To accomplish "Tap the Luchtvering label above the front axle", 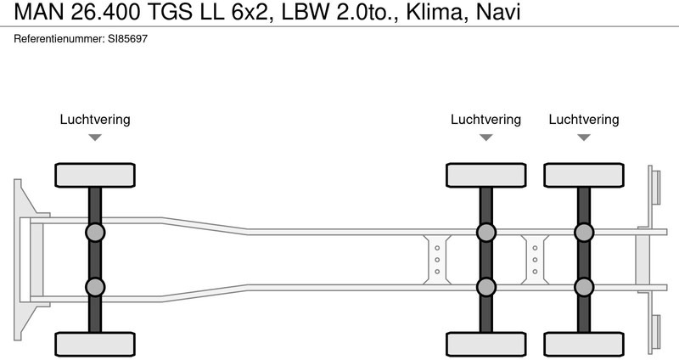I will point(95,120).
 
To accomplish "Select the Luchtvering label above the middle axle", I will point(485,120).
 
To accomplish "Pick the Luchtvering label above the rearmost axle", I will point(584,120).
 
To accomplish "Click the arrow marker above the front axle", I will point(95,137).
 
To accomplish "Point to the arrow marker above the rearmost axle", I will point(584,137).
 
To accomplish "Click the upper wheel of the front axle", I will point(95,175).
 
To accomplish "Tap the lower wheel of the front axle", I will point(95,344).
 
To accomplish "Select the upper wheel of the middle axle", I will point(485,175).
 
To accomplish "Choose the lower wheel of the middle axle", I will point(485,344).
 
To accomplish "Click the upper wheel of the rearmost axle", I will point(584,175).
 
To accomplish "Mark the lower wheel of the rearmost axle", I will point(584,344).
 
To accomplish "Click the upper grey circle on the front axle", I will point(95,233).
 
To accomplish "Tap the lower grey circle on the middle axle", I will point(485,286).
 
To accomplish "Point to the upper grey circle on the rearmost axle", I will point(584,233).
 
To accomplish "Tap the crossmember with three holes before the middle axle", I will point(437,259).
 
